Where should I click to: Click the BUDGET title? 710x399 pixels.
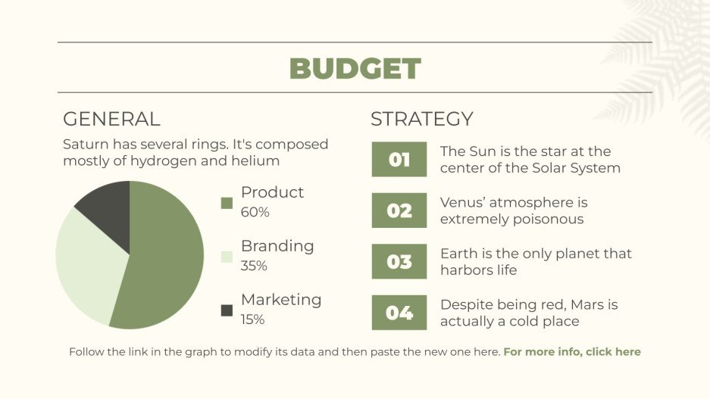(x=355, y=68)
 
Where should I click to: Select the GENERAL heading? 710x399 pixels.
(x=111, y=119)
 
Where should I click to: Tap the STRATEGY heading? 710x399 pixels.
(x=421, y=119)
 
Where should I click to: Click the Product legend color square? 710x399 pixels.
(x=227, y=203)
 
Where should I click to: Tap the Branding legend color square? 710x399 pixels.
(x=227, y=257)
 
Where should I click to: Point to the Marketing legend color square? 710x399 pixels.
(x=227, y=310)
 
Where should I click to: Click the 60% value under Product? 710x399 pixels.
(x=255, y=212)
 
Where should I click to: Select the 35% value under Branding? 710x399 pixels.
(x=254, y=266)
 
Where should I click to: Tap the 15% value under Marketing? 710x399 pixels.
(x=252, y=320)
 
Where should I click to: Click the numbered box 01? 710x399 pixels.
(x=399, y=159)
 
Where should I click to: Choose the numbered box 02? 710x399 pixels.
(x=399, y=210)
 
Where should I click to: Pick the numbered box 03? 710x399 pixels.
(x=399, y=261)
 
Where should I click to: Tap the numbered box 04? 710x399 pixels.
(x=399, y=313)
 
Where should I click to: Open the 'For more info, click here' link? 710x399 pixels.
(x=572, y=352)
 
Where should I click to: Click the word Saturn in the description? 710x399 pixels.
(x=86, y=145)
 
